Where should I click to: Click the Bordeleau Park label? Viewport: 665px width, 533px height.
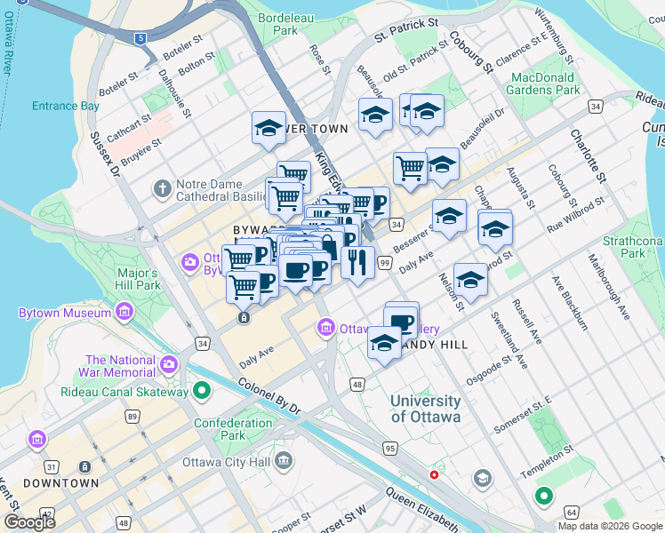click(x=278, y=23)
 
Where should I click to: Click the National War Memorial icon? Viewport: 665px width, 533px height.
click(x=169, y=364)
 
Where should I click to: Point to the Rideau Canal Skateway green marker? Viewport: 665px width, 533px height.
click(x=202, y=391)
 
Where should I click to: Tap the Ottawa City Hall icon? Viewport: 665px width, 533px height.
click(x=284, y=460)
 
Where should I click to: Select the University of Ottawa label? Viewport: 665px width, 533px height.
click(x=426, y=410)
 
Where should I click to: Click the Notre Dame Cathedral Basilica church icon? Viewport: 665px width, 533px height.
click(x=162, y=188)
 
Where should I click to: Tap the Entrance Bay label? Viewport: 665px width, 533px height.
click(x=66, y=106)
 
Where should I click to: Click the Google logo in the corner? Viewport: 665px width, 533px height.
click(x=29, y=521)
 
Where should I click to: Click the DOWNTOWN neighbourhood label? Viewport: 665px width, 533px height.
click(x=60, y=483)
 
